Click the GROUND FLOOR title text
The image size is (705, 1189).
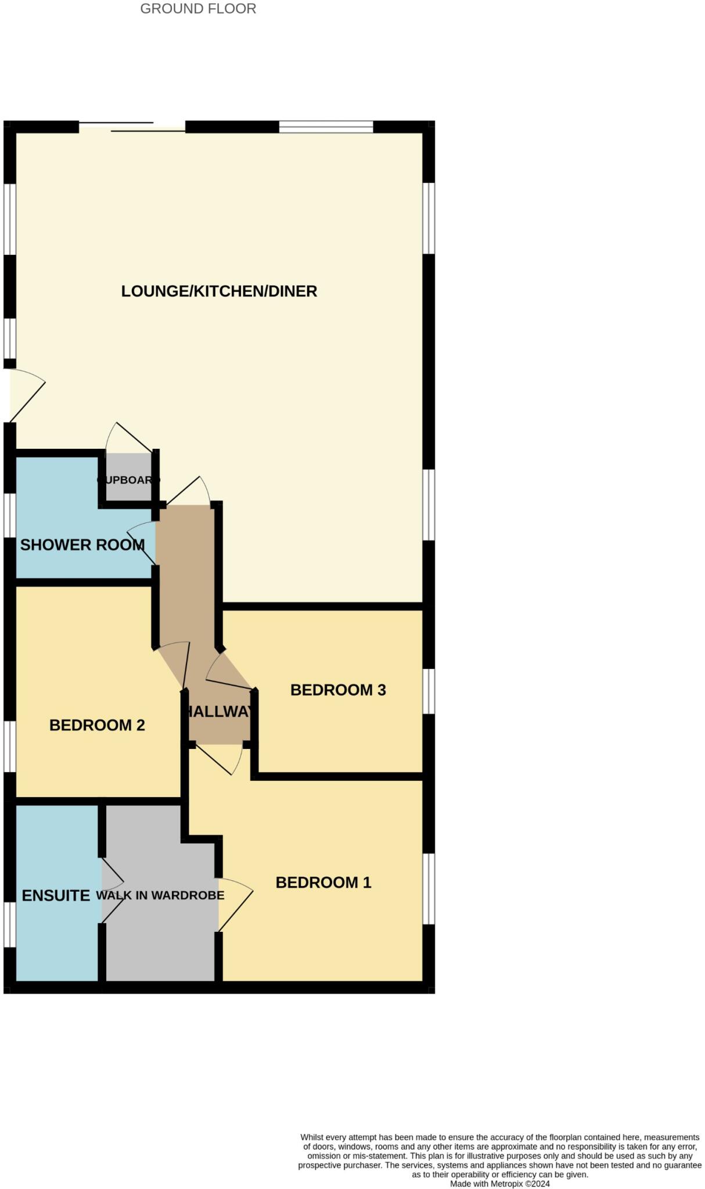tap(198, 9)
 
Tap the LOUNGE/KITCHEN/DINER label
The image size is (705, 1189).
tap(219, 291)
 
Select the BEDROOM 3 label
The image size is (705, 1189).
tap(338, 690)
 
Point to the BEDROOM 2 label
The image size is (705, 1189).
tap(97, 725)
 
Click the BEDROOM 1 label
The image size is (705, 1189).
tap(323, 882)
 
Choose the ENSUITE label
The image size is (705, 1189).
tap(56, 895)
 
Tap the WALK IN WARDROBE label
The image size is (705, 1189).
tap(160, 895)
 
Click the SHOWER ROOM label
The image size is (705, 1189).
tap(82, 545)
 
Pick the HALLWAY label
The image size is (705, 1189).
tap(219, 711)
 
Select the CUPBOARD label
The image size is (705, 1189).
tap(128, 480)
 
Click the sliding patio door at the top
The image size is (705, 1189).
tap(132, 127)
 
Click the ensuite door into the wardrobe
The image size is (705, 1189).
tap(112, 890)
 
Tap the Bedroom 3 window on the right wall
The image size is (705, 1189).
tap(429, 691)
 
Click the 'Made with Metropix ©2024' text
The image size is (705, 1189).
tap(499, 1184)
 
